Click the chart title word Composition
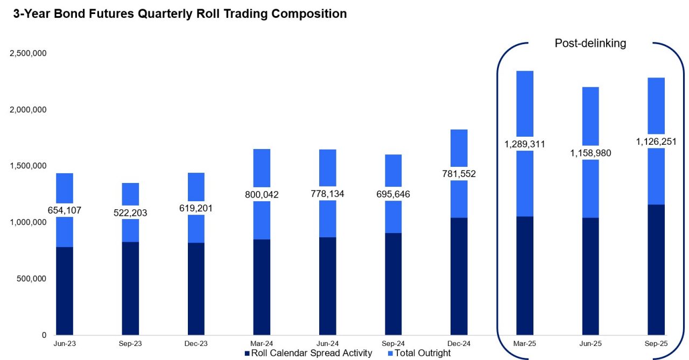coord(309,14)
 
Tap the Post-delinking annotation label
coord(590,44)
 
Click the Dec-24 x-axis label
coord(459,342)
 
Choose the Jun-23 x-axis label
coord(64,342)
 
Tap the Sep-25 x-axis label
coord(656,342)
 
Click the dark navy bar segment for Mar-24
coord(262,287)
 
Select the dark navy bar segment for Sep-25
coord(656,270)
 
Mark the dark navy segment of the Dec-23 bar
coord(196,289)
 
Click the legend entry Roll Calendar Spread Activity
coord(308,353)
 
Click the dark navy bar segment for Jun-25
coord(590,276)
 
